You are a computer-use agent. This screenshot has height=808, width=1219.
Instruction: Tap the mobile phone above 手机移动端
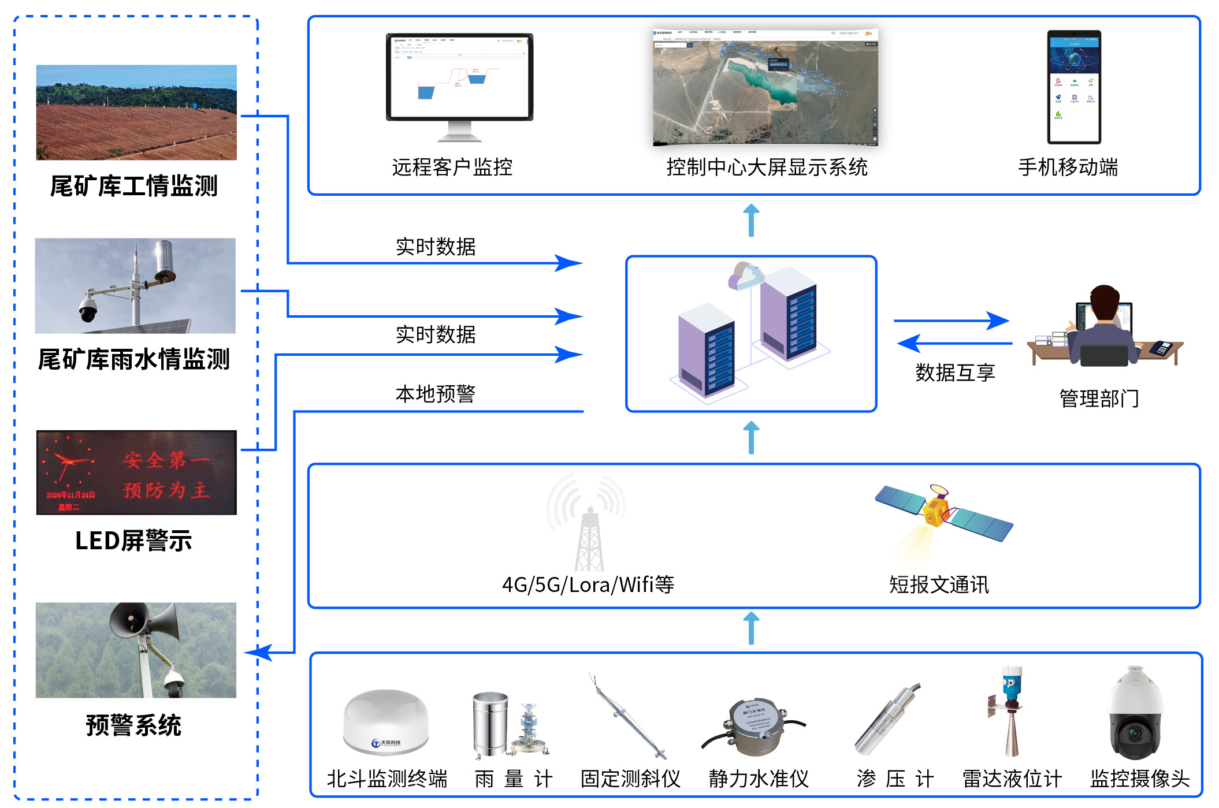(1074, 87)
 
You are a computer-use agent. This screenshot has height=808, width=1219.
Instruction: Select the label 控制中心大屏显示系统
(767, 167)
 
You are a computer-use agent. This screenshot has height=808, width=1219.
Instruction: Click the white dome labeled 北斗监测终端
(386, 722)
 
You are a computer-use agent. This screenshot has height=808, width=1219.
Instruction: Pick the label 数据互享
(955, 373)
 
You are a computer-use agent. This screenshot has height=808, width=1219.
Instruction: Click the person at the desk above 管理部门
(1103, 326)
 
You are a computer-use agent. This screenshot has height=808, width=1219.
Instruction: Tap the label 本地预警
(435, 394)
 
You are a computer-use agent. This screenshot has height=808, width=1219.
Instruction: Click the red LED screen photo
(136, 472)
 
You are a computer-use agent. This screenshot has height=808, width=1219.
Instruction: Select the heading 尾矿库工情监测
(133, 187)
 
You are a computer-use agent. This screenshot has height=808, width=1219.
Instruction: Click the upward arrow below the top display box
(750, 221)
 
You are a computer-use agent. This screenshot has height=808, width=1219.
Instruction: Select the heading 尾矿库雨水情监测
(133, 359)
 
